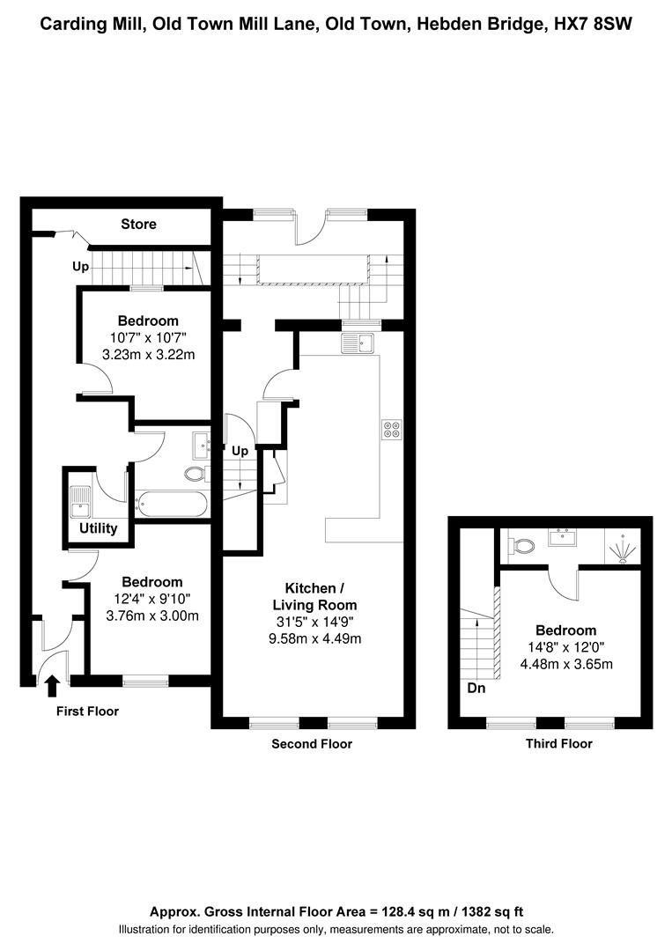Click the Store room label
pyautogui.click(x=138, y=225)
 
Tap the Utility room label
pyautogui.click(x=99, y=528)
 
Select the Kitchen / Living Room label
pyautogui.click(x=314, y=596)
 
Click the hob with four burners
pyautogui.click(x=391, y=430)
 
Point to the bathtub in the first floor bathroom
pyautogui.click(x=173, y=504)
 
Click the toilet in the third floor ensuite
pyautogui.click(x=521, y=546)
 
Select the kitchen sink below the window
pyautogui.click(x=358, y=343)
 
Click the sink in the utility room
pyautogui.click(x=79, y=502)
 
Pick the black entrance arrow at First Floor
pyautogui.click(x=53, y=686)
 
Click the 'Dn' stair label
pyautogui.click(x=476, y=689)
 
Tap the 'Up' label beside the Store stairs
pyautogui.click(x=81, y=267)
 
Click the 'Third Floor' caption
pyautogui.click(x=558, y=743)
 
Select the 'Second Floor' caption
pyautogui.click(x=312, y=744)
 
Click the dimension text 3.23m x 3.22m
pyautogui.click(x=149, y=355)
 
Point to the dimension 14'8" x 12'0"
pyautogui.click(x=565, y=648)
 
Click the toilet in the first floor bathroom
pyautogui.click(x=196, y=473)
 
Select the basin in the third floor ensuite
pyautogui.click(x=562, y=537)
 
